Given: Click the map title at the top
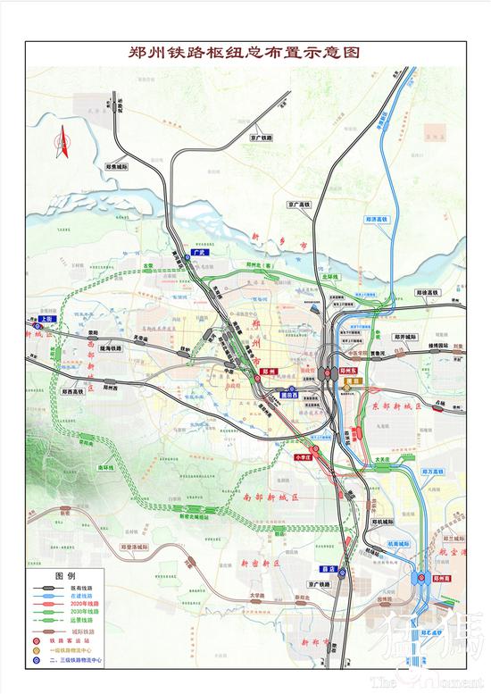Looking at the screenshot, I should tap(245, 52).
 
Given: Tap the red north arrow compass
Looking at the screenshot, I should tap(64, 144).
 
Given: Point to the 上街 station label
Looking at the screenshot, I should tap(46, 318).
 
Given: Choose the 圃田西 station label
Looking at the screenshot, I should tap(289, 394).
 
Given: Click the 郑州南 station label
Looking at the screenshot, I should tap(445, 579).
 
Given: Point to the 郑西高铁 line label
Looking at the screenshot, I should tap(78, 391).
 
